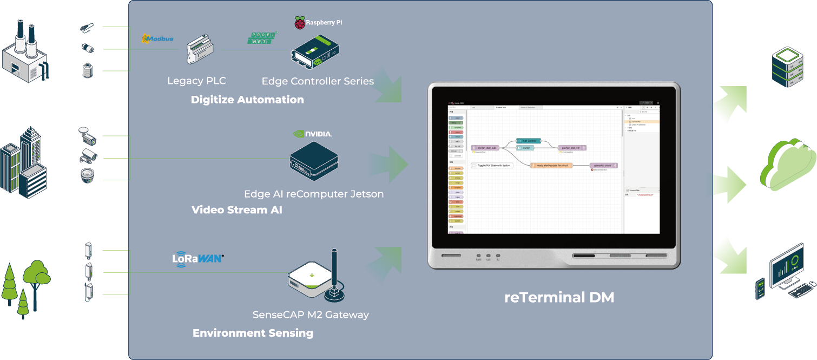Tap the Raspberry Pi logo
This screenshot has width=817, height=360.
tap(318, 23)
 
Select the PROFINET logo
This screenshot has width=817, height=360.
tap(263, 37)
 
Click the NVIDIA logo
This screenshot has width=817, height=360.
tap(312, 133)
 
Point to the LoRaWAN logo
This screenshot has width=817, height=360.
tap(197, 258)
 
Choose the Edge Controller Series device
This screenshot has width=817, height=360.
tap(314, 53)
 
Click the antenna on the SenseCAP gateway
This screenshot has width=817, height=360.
tap(334, 271)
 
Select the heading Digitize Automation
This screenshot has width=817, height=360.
tap(247, 100)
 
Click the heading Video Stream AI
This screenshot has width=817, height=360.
tap(236, 210)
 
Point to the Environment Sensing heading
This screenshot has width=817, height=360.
tap(253, 333)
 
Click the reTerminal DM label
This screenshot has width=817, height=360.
tap(559, 297)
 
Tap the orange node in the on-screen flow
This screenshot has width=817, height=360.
tap(551, 165)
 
